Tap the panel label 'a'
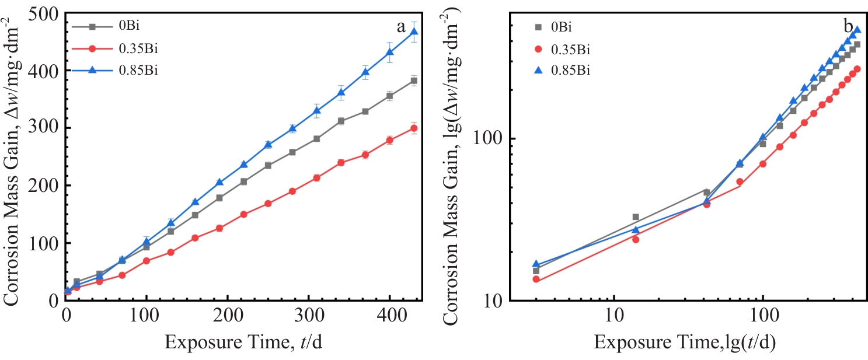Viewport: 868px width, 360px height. (401, 26)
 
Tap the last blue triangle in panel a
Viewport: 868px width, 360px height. (414, 32)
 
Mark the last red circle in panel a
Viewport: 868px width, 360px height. (414, 128)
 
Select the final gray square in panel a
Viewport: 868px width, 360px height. (414, 81)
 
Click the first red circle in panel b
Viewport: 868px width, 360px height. (536, 279)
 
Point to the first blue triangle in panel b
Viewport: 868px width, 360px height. (536, 264)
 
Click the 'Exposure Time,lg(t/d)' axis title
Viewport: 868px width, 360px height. (685, 344)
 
